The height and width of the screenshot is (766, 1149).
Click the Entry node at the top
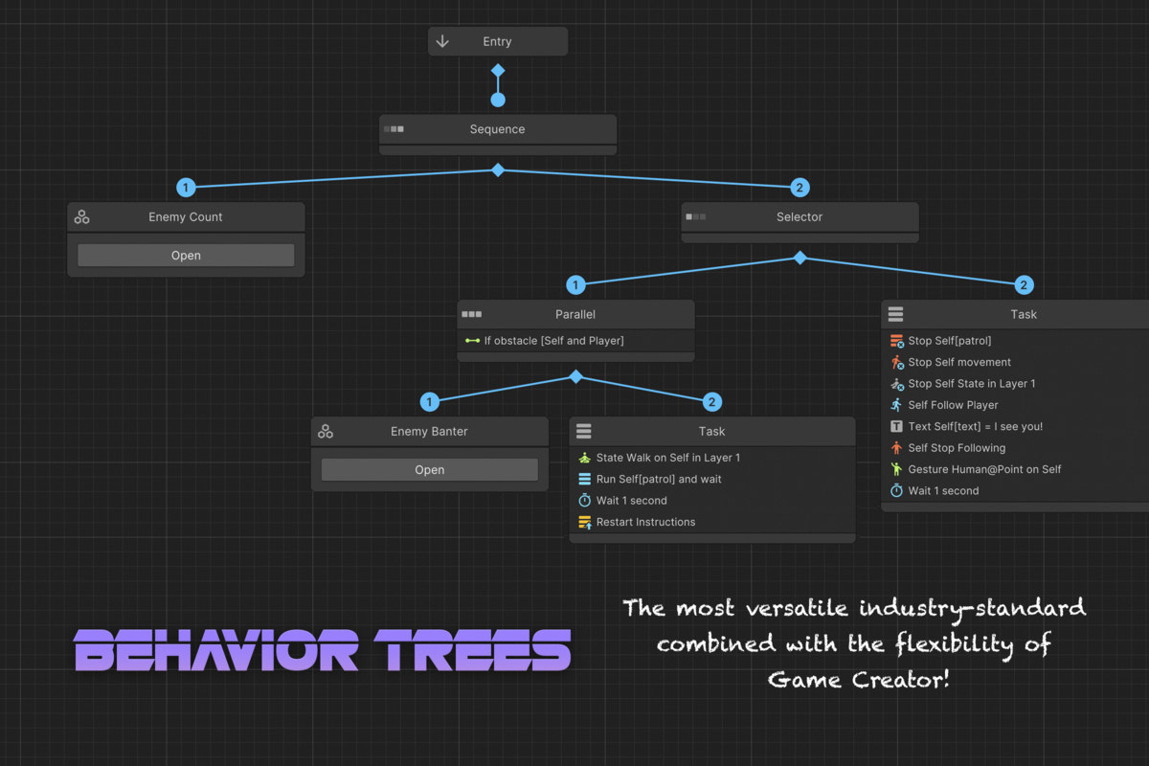coord(497,41)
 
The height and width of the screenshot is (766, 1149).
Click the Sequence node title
coord(497,129)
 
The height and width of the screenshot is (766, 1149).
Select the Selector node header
coord(800,217)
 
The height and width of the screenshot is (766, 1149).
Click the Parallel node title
coord(575,314)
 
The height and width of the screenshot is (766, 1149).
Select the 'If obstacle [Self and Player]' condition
coord(553,341)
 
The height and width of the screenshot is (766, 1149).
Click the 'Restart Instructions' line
coord(645,522)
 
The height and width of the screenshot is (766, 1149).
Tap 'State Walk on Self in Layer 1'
coord(667,458)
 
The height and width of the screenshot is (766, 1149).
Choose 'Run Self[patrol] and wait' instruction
coord(659,479)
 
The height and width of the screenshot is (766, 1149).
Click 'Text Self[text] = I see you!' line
coord(975,426)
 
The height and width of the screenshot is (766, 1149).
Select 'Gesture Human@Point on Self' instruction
coord(984,469)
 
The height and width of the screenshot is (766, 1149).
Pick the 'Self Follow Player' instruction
coord(953,405)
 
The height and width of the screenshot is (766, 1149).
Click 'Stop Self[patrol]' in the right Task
coord(949,341)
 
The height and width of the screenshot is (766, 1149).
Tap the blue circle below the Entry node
coord(498,100)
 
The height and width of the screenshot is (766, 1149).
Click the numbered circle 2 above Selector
coord(800,188)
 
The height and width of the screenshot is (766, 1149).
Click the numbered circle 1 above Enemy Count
coord(186,188)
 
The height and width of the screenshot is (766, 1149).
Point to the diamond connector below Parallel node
coord(575,377)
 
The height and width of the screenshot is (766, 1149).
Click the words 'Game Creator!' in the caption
coord(859,680)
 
